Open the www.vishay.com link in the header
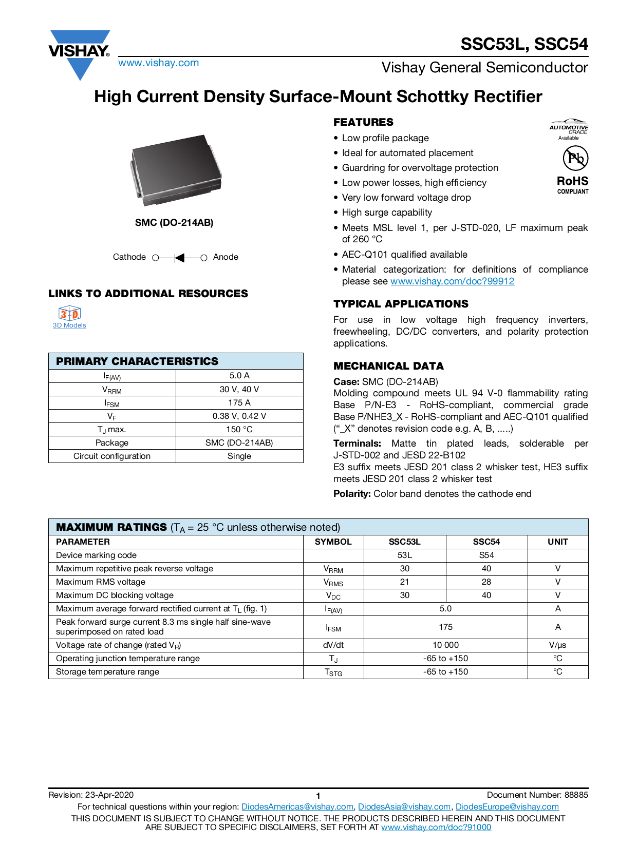tap(158, 63)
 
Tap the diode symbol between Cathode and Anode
tap(179, 258)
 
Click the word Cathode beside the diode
tap(129, 257)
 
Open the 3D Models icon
tap(69, 314)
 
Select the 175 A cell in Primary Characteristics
tap(239, 403)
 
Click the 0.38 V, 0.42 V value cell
tap(239, 416)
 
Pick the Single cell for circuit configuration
tap(239, 456)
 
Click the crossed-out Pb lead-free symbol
tap(575, 158)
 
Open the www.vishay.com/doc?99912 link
tap(452, 281)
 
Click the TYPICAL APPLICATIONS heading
tap(401, 304)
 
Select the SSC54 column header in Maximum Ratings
tap(486, 542)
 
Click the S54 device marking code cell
tap(486, 555)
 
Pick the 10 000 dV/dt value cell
tap(445, 645)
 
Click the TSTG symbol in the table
tap(333, 672)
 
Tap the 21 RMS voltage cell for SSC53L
tap(405, 582)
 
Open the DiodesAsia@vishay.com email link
tap(404, 807)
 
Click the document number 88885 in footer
tap(576, 795)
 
